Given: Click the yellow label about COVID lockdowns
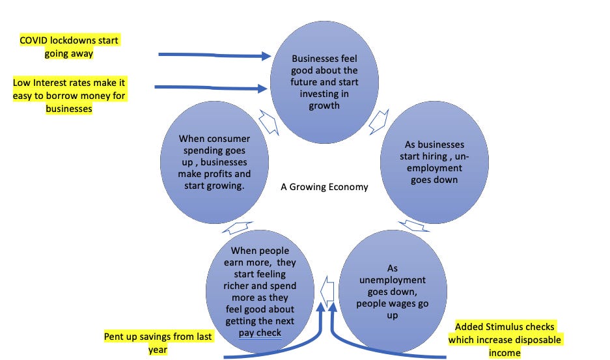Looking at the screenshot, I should pos(70,48).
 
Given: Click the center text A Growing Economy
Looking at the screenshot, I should pos(324,187).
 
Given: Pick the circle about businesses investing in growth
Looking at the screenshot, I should pos(324,82).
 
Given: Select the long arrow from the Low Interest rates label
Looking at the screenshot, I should pos(212,86).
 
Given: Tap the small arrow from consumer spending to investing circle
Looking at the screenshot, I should pos(269,122).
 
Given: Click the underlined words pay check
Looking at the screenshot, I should pos(259,333).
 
